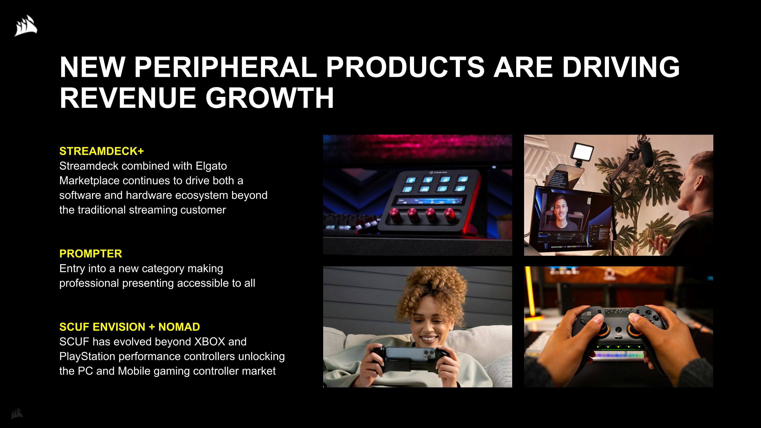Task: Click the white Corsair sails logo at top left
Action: click(x=26, y=26)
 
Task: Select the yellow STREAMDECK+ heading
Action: click(x=101, y=151)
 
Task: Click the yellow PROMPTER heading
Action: click(x=90, y=254)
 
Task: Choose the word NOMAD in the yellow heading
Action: click(x=179, y=327)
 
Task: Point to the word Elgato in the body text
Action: click(x=211, y=166)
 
